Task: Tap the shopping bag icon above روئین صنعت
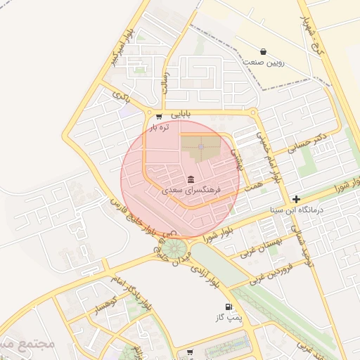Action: click(x=263, y=51)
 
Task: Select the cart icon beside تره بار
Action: click(x=159, y=117)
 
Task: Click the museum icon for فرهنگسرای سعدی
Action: click(x=191, y=179)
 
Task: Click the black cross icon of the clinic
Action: click(x=297, y=199)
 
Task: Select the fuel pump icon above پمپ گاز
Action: click(x=228, y=307)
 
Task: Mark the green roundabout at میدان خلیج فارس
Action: click(x=176, y=248)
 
